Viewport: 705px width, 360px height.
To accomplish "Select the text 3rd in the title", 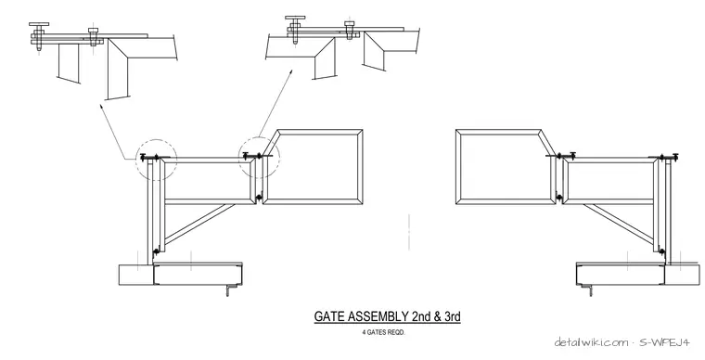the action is point(453,316).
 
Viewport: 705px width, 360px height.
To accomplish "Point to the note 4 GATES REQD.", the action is point(383,332).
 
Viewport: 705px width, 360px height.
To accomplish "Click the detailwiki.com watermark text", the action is point(591,342).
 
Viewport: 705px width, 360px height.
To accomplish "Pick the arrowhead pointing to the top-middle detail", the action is point(290,72).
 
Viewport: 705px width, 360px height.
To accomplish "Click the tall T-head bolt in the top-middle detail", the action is point(295,30).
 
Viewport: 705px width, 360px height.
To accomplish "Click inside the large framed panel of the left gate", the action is point(313,168).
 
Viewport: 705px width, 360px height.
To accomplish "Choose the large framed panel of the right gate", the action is point(506,168).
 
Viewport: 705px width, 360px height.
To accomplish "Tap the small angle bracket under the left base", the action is point(231,290).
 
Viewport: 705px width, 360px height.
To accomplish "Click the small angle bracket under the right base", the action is point(587,290).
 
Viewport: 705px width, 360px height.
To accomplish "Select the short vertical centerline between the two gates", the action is point(409,232).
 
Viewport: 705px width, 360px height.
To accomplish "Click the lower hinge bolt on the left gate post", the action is point(156,251).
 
